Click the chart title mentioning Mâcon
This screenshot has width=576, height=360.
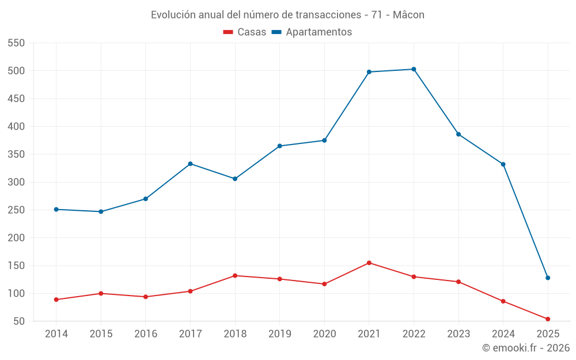point(287,15)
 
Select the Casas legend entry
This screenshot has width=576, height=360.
point(245,32)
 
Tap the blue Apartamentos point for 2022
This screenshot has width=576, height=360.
point(414,69)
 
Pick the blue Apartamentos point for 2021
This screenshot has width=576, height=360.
point(369,72)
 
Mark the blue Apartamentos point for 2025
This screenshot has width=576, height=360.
point(548,278)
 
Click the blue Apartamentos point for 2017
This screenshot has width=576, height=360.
point(190,164)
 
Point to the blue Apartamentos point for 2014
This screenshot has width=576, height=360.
point(56,209)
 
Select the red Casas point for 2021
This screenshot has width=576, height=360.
point(369,263)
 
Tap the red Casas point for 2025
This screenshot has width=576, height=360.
point(548,319)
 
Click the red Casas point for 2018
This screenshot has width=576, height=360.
point(235,275)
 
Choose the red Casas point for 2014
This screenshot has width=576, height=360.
point(56,300)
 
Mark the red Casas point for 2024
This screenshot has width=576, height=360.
point(503,301)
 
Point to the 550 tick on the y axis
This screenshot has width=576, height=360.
point(16,43)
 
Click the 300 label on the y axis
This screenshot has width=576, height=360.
point(16,182)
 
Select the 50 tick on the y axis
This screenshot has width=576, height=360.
point(19,321)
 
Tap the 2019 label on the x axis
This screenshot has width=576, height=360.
point(279,334)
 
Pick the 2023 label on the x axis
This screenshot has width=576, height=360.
point(458,334)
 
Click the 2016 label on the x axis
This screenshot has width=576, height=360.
point(145,334)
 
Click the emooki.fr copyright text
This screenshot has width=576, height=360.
point(525,348)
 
